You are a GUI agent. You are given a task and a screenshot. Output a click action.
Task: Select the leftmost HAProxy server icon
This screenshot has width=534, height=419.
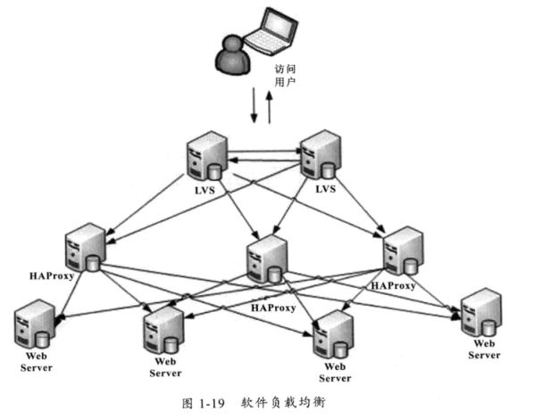(83, 244)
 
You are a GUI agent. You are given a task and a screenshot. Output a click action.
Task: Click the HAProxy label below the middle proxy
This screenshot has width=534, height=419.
(275, 307)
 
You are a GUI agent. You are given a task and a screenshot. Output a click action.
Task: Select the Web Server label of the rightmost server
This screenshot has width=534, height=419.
(484, 349)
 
